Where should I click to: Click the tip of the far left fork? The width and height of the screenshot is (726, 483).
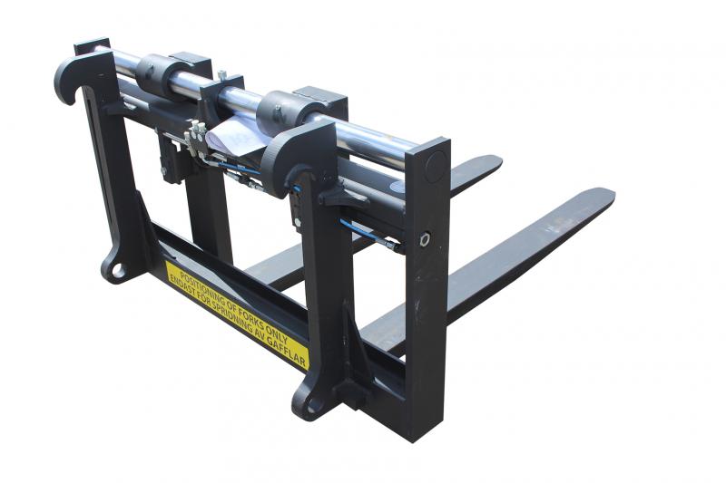point(495,162)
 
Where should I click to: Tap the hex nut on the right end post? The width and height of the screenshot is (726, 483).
point(424,240)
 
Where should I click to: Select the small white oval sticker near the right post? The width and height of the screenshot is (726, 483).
point(397,183)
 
